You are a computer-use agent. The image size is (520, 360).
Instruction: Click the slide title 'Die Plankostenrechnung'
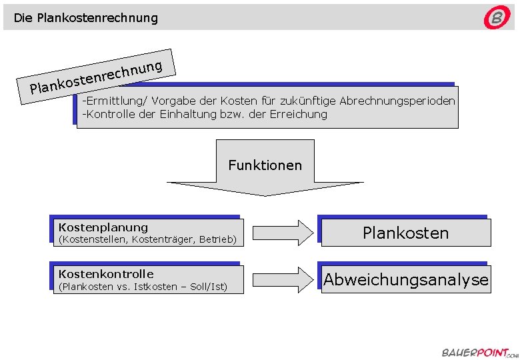coord(86,18)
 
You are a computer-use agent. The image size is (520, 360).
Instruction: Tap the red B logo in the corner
coord(497,18)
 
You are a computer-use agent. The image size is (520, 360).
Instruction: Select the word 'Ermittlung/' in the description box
coord(114,101)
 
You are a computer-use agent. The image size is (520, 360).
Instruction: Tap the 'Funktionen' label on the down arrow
coord(265,165)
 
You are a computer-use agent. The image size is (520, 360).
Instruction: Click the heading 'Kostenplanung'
coord(103,227)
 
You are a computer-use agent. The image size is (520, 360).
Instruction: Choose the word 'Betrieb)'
coord(217,239)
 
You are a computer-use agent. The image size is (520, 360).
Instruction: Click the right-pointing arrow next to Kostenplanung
coord(283,232)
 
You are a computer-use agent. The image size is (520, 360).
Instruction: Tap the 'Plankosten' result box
coord(405,233)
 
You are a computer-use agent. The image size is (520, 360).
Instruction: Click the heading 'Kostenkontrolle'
coord(106,274)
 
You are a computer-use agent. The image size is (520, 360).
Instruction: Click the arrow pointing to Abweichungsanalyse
coord(283,279)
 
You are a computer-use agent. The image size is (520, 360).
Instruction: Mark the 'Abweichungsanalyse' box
coord(405,279)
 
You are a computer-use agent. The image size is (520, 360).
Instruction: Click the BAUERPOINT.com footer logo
coord(475,352)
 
